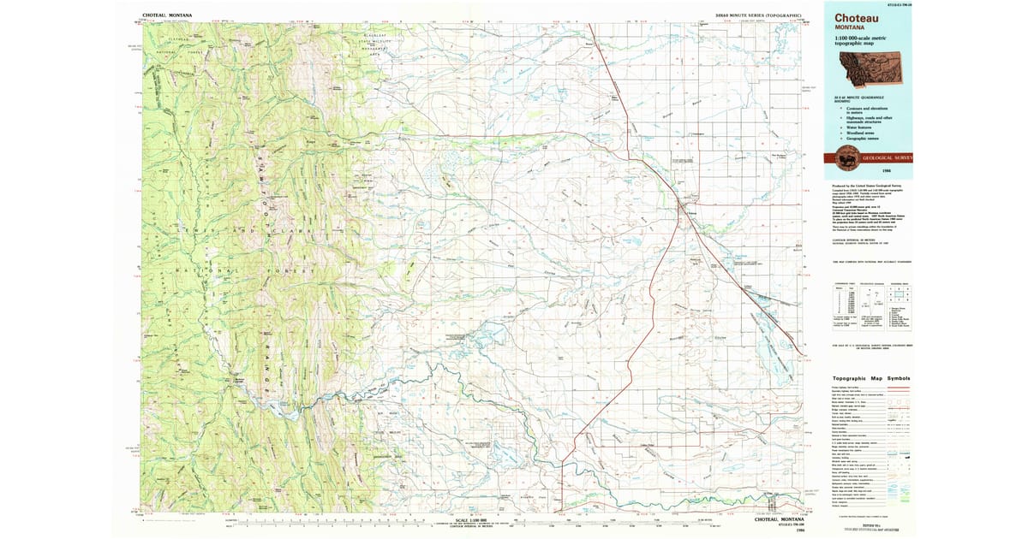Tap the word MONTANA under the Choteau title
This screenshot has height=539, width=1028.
coord(850,27)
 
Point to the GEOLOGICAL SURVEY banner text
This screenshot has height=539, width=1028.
coord(888,157)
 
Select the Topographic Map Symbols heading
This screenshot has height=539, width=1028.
coord(871,379)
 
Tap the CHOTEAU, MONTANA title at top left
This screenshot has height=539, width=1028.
coord(168,15)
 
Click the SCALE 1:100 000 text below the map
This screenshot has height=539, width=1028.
coord(472,520)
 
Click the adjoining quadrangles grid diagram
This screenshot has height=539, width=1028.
coord(900,294)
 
